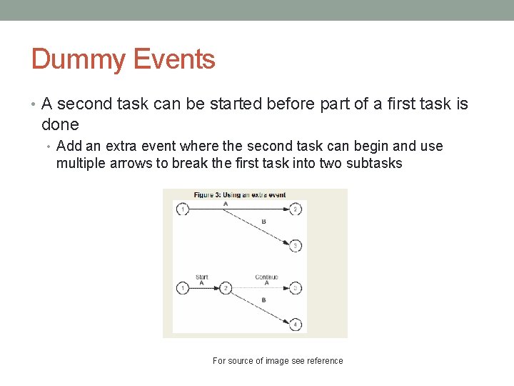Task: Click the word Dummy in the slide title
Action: (76, 59)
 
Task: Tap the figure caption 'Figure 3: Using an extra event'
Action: (240, 195)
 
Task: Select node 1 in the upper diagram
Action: (183, 209)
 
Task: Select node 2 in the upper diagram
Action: (296, 209)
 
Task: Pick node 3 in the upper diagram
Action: (296, 246)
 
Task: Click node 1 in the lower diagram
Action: (183, 288)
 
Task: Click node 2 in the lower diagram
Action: (226, 288)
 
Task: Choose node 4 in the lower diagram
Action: (296, 324)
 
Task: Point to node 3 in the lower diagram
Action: (296, 288)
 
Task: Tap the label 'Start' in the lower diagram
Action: (202, 277)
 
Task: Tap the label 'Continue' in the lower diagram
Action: (266, 277)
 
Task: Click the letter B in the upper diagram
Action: (263, 222)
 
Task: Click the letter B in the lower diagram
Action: (263, 300)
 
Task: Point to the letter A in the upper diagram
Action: (226, 204)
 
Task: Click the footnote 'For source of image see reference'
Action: (278, 361)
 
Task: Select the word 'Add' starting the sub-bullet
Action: (69, 147)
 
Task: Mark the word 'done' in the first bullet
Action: (60, 124)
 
